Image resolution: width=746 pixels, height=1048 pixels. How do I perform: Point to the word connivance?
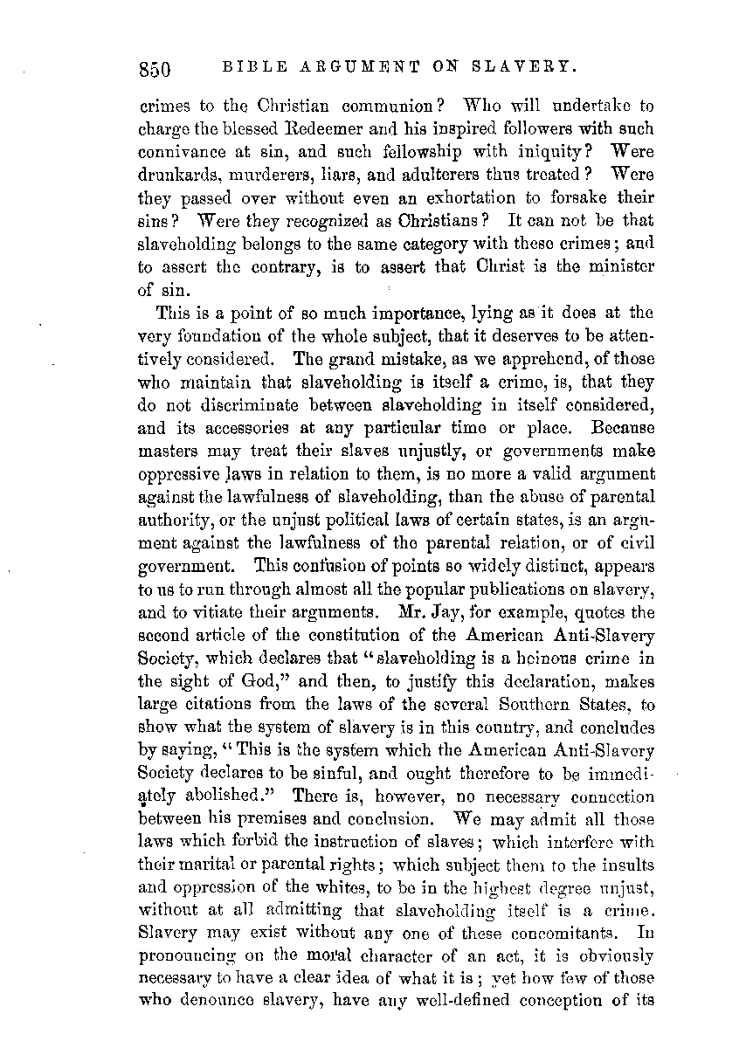[x=180, y=151]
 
